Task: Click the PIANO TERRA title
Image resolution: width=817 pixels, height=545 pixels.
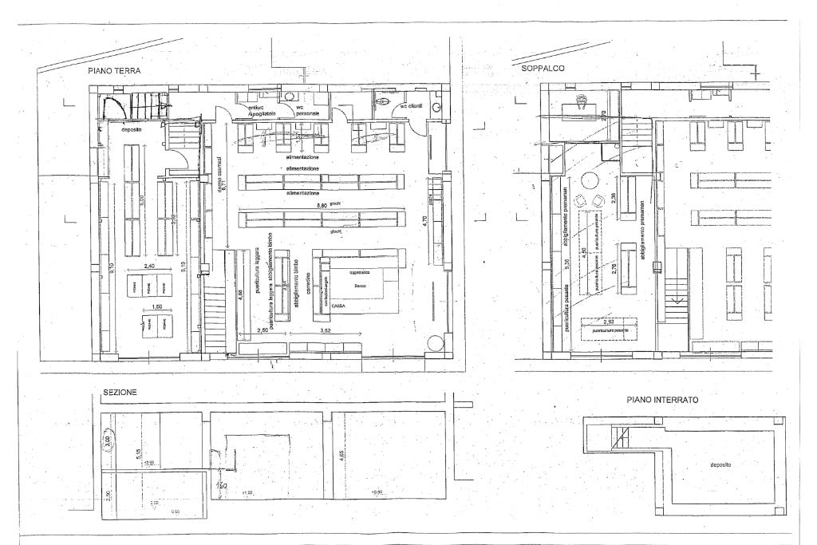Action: (x=114, y=71)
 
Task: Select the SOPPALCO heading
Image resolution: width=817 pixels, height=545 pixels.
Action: (x=543, y=69)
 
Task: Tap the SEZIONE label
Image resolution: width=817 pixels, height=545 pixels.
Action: (x=120, y=393)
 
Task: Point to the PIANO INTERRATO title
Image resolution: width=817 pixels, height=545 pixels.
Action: (x=663, y=398)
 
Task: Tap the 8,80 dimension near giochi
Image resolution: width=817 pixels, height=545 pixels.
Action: (x=322, y=206)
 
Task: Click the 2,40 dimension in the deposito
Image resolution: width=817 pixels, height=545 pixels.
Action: (x=149, y=267)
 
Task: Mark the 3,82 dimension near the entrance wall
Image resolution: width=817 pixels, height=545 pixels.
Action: (x=326, y=330)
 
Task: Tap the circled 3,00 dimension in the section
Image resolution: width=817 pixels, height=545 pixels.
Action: (x=106, y=440)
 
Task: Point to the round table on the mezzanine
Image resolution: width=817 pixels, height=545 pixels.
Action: (x=591, y=178)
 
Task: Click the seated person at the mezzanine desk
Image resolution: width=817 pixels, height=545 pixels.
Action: (x=581, y=101)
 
